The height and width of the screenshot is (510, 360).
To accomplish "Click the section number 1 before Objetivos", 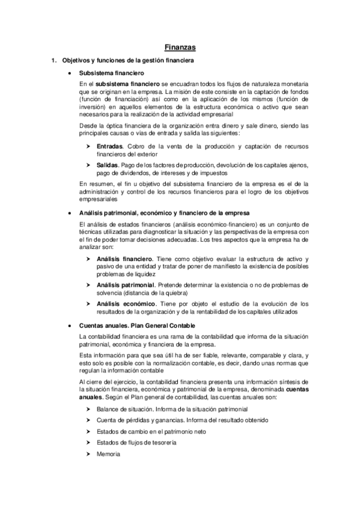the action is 53,61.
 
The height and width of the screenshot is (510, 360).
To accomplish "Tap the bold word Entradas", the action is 109,146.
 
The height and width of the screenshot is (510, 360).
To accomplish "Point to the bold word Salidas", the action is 108,164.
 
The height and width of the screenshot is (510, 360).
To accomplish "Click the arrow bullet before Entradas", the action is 89,146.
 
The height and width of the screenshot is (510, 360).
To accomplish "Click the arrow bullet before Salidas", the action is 89,164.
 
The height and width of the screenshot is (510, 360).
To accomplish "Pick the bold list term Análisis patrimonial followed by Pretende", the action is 126,284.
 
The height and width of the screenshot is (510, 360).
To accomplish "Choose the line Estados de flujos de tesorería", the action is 136,442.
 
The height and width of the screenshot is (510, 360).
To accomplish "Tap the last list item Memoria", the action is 108,453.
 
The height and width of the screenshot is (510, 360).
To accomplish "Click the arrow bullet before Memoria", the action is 89,453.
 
